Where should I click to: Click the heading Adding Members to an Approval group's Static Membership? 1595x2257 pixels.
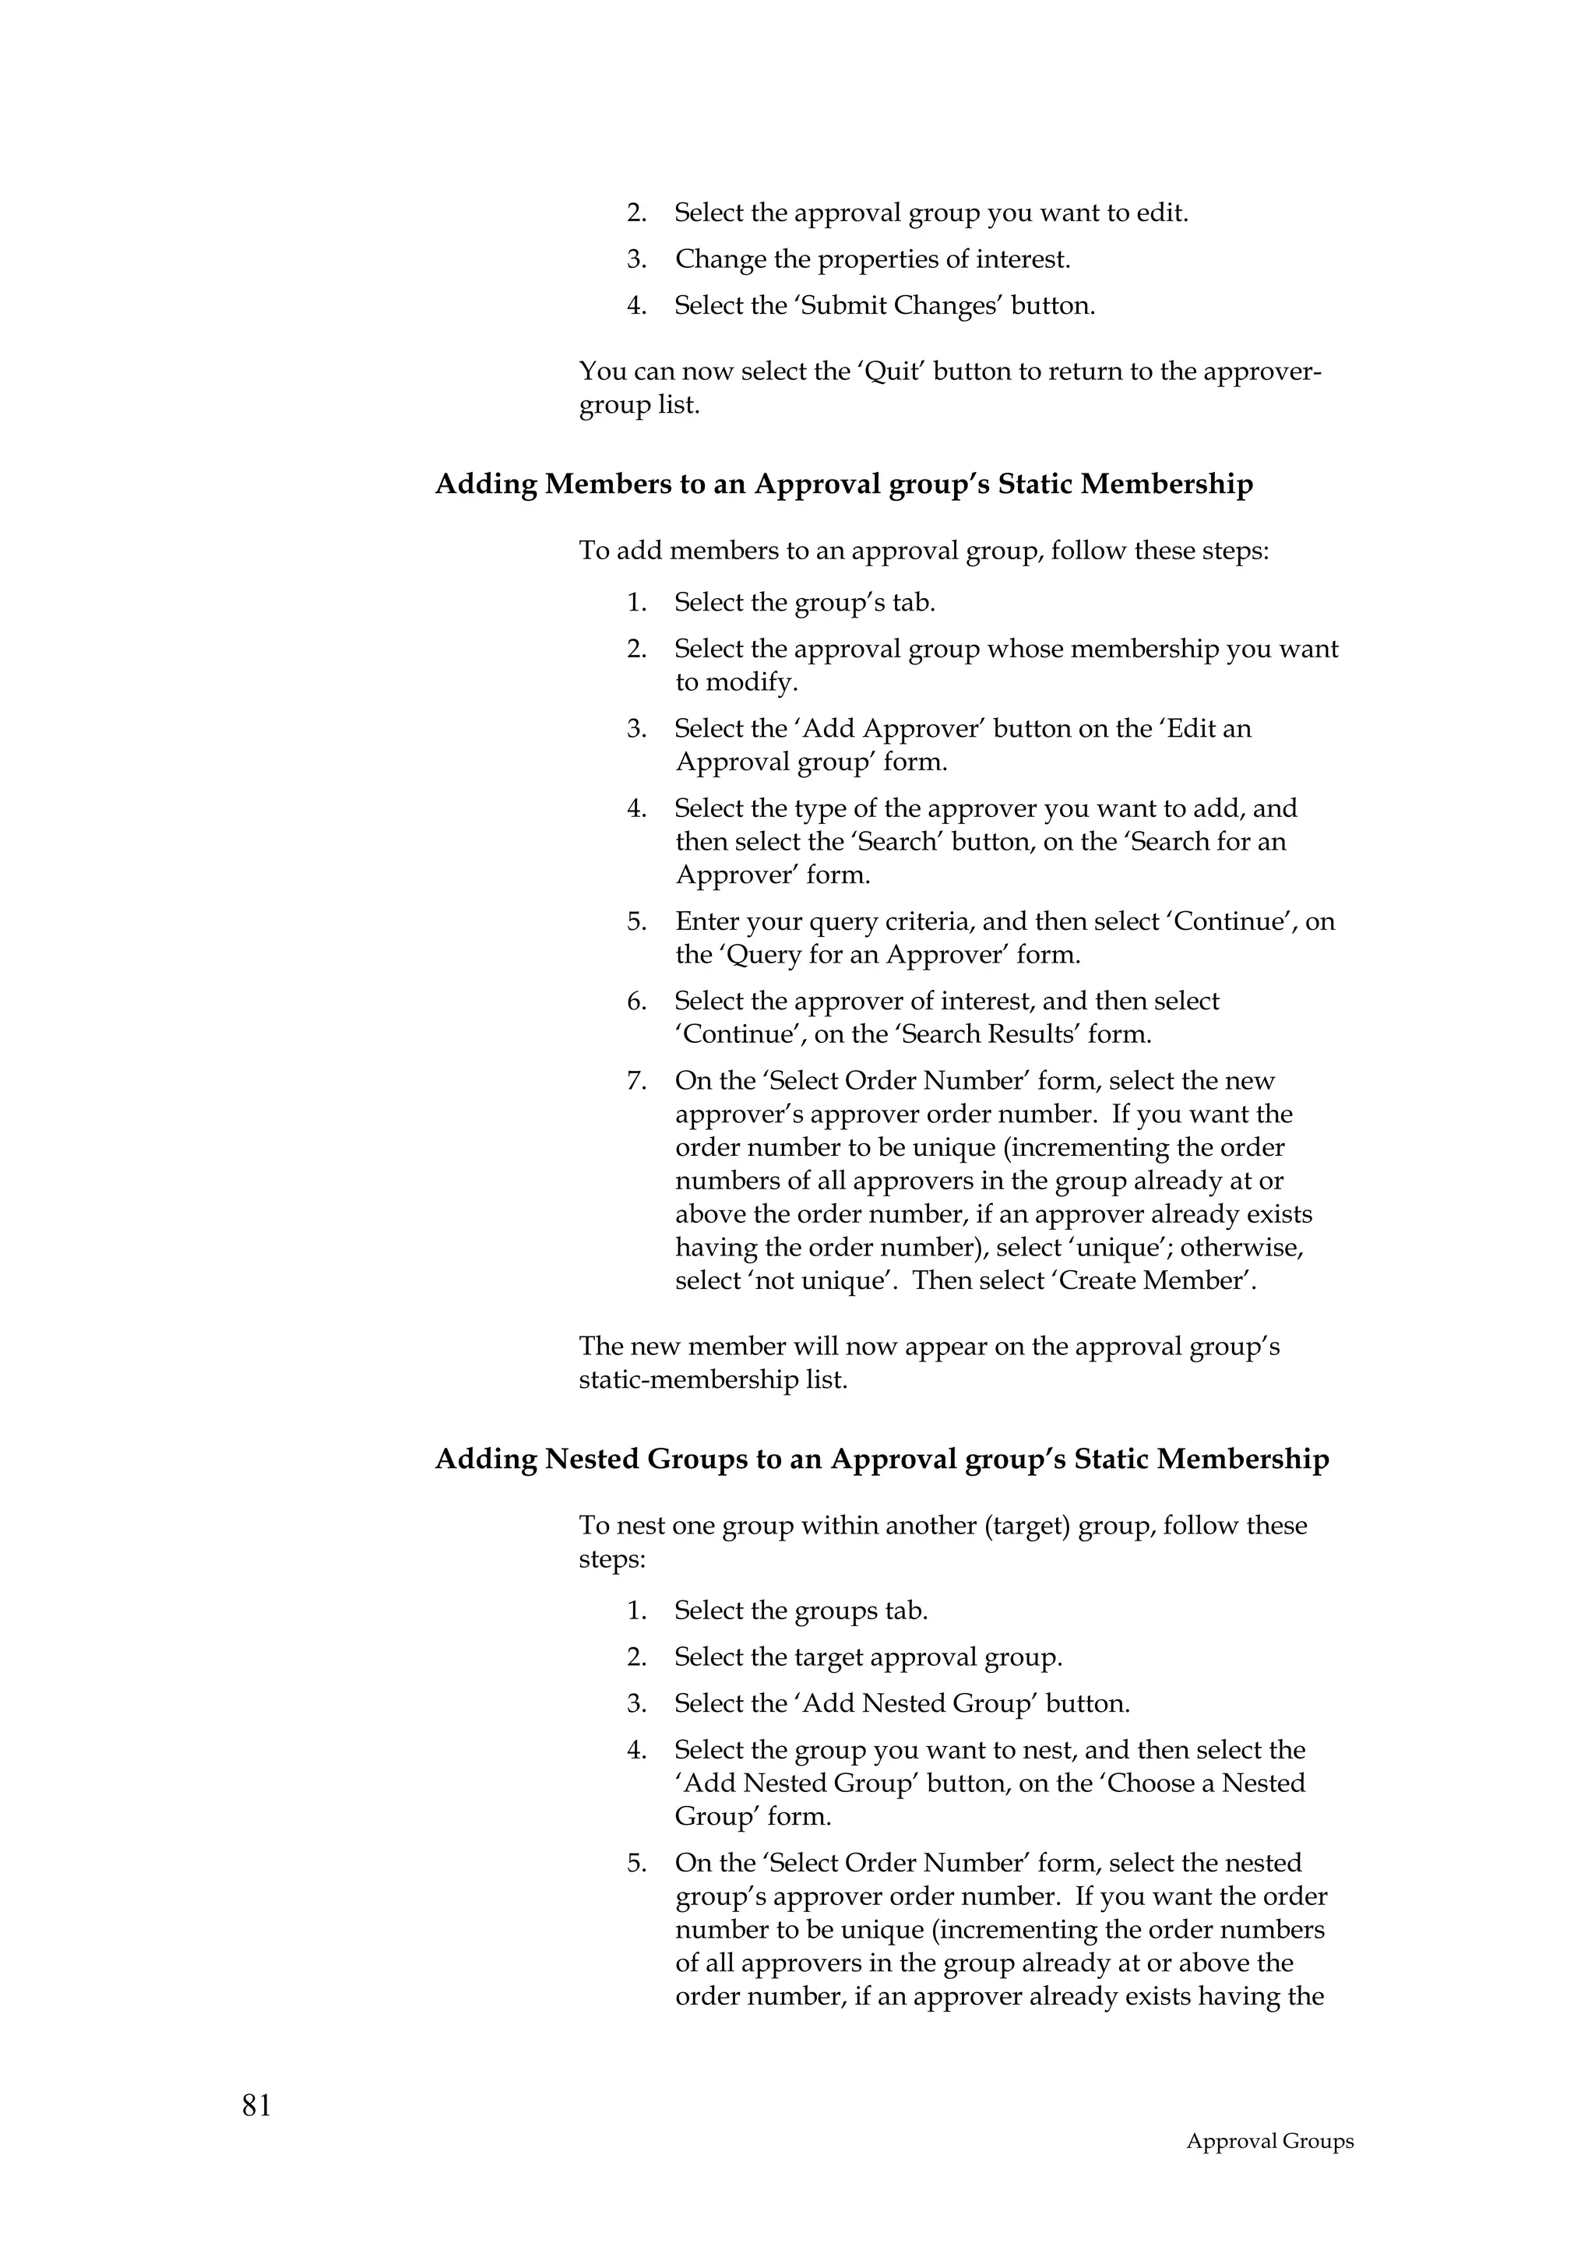tap(843, 484)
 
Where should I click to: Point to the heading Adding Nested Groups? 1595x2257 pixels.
tap(882, 1459)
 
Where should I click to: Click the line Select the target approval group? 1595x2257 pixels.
tap(868, 1657)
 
